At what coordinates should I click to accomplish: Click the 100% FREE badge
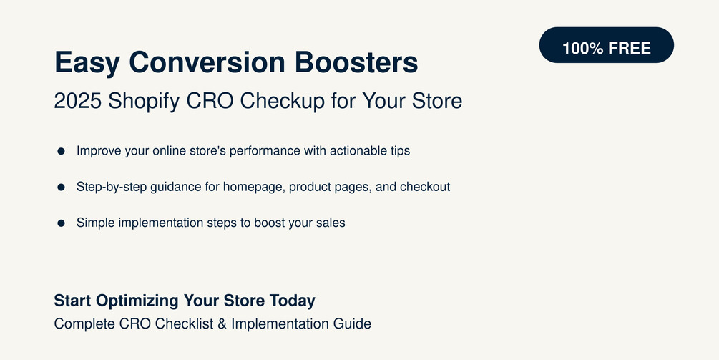pyautogui.click(x=606, y=48)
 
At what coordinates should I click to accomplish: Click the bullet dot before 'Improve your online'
pyautogui.click(x=62, y=151)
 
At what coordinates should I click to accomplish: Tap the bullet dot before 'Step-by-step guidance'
pyautogui.click(x=62, y=187)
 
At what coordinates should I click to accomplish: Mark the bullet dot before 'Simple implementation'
pyautogui.click(x=62, y=223)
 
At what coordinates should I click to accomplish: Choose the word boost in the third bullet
pyautogui.click(x=269, y=223)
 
